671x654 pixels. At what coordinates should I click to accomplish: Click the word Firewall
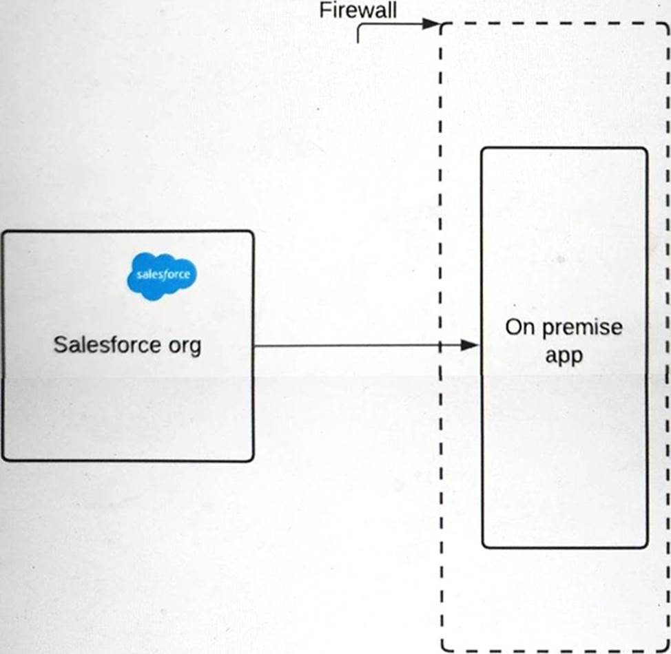[358, 11]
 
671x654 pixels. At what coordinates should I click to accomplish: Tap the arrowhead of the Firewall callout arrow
[433, 24]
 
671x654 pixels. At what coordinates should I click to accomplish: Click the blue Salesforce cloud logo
[162, 275]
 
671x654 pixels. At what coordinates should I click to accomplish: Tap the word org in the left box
[184, 346]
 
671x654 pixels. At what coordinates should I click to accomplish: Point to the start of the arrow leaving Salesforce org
[256, 345]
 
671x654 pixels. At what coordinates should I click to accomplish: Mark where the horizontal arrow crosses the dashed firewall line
[440, 345]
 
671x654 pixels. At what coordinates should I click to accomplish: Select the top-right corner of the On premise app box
[646, 149]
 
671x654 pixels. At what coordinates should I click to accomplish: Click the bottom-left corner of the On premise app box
[483, 547]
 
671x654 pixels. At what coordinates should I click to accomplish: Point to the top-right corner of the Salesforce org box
[252, 232]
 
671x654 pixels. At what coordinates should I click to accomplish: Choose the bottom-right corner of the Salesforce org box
[252, 459]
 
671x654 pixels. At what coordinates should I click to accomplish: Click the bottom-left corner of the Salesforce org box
[3, 459]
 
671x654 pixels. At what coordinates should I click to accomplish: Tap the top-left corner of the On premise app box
[483, 149]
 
